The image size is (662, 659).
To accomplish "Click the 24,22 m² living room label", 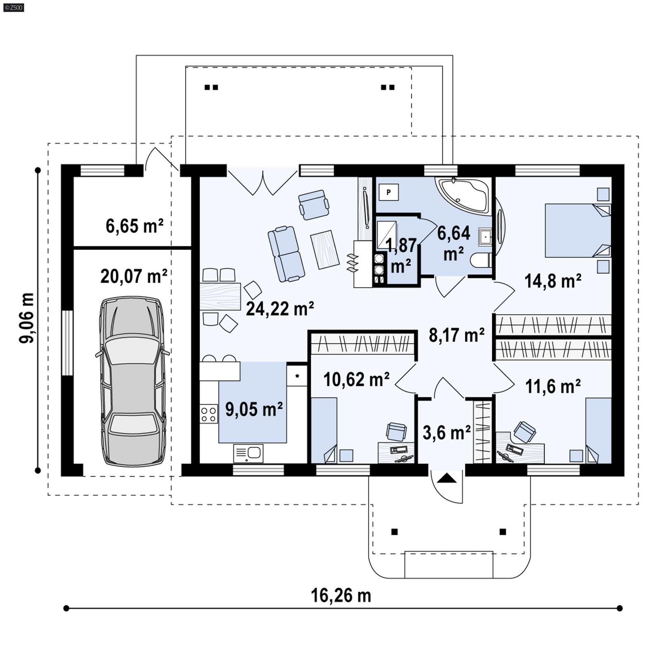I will click(x=280, y=308).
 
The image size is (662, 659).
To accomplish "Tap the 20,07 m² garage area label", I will click(x=134, y=276).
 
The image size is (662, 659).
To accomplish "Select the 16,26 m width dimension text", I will click(x=341, y=596).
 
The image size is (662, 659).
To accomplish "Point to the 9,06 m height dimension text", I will click(x=27, y=318).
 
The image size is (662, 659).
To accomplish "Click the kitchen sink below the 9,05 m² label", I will click(x=248, y=453).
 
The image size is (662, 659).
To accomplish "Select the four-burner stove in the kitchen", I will click(x=209, y=414).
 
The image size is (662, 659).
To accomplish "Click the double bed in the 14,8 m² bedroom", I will click(x=577, y=230).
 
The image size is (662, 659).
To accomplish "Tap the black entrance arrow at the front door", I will click(x=446, y=478).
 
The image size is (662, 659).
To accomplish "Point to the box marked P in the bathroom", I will click(x=389, y=192).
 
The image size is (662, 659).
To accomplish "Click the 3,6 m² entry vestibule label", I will click(x=446, y=432).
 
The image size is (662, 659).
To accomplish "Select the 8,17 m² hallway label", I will click(x=456, y=335).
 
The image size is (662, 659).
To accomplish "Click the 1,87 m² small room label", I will click(x=401, y=255).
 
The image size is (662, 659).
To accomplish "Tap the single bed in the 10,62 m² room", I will click(x=324, y=430).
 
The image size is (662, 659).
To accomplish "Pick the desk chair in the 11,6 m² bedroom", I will click(x=524, y=432).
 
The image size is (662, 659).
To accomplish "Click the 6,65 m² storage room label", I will click(x=134, y=226).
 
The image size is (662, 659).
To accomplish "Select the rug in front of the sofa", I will click(x=328, y=249).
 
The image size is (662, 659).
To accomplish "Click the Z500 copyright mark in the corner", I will click(x=13, y=7).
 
